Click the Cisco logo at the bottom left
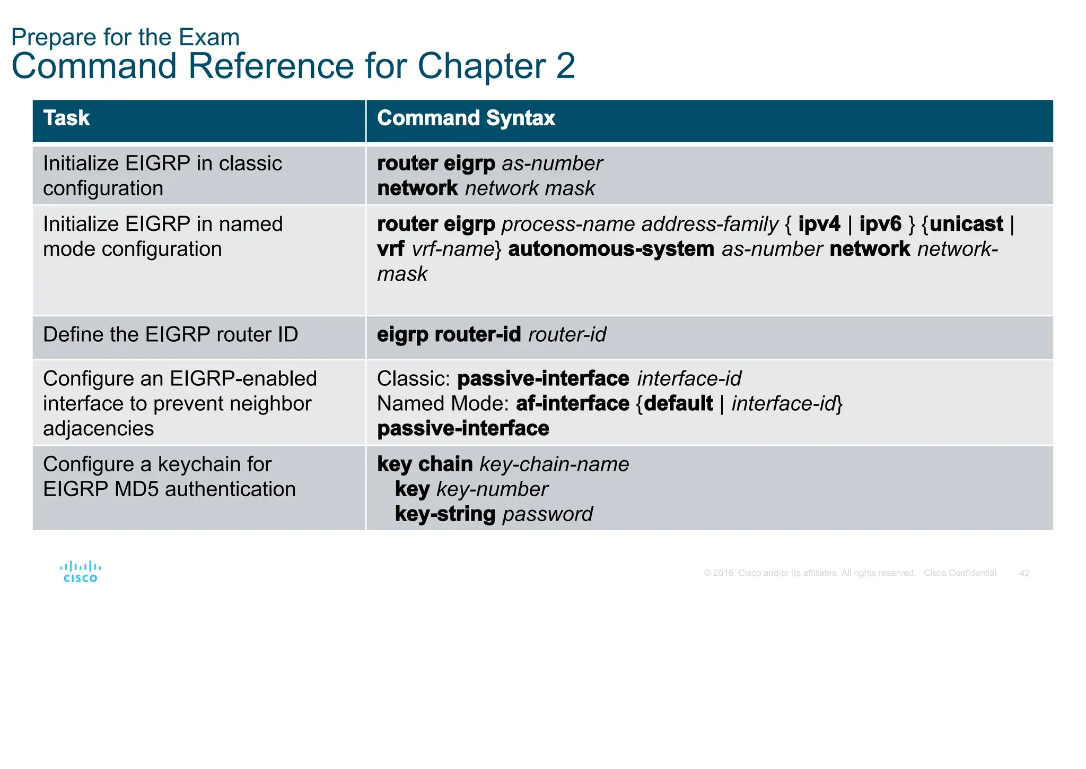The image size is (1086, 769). coord(80,572)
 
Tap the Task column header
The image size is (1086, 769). coord(66,118)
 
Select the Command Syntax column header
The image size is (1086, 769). coord(466,118)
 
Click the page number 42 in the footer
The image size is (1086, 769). coord(1024,573)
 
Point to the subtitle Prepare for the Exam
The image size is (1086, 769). coord(125,37)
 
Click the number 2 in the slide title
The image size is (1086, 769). coord(565,66)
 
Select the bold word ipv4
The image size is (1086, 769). coord(819,224)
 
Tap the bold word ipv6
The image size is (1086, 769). coord(880,224)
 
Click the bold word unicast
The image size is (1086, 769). coord(966,224)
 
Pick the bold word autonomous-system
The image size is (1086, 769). coord(611,249)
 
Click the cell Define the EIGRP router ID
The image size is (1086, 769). coord(170,334)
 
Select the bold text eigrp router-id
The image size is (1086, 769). coord(449,334)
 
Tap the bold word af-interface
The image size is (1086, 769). coord(572,403)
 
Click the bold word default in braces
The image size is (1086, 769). coord(678,403)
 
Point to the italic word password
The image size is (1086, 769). coord(547,514)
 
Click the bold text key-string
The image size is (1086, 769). coord(445,514)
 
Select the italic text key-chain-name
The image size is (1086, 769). coord(554,464)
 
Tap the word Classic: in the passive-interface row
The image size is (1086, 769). coord(414,379)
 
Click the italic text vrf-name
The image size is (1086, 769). coord(453,249)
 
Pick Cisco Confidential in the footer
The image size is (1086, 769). coord(959,573)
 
